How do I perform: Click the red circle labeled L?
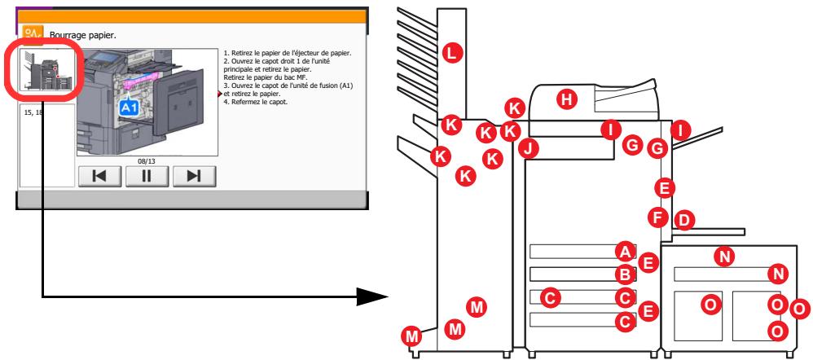[x=452, y=52]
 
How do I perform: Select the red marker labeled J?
[x=530, y=148]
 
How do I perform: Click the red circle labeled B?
[x=625, y=274]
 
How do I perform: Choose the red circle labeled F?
[x=659, y=217]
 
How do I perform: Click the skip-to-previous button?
[x=99, y=175]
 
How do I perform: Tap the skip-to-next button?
[x=194, y=175]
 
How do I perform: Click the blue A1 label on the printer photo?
[x=130, y=107]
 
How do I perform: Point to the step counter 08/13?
[x=147, y=160]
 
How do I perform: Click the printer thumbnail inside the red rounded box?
[x=46, y=69]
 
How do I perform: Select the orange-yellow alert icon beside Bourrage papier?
[x=33, y=33]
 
